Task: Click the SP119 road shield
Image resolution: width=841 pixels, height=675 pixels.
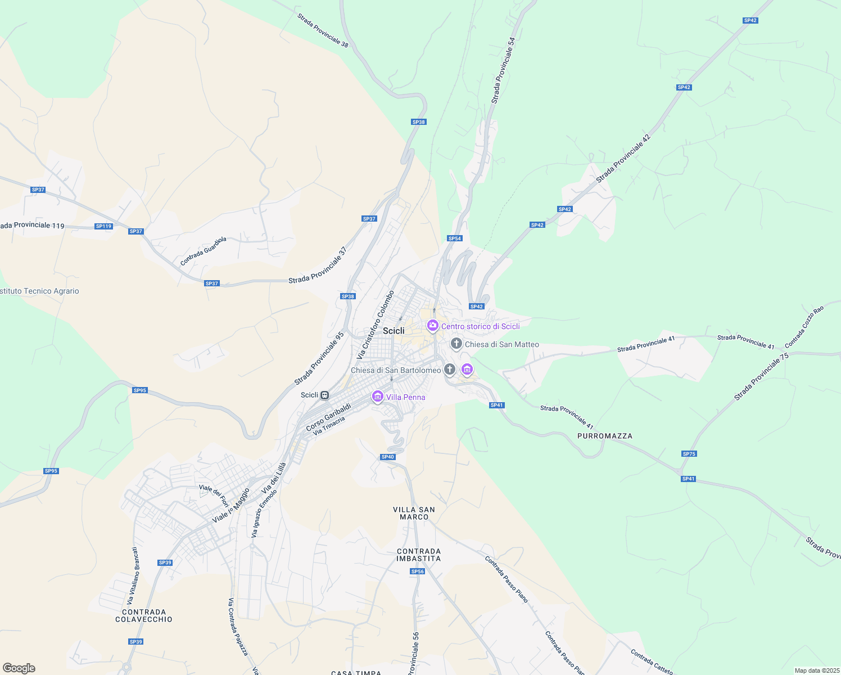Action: pos(103,226)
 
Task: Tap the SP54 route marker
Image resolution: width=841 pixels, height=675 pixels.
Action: pos(455,238)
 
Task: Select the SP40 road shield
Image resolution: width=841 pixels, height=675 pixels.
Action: pos(388,457)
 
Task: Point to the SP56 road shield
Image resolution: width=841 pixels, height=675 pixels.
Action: pos(417,571)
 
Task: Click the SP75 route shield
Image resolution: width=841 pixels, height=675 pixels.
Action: pos(689,454)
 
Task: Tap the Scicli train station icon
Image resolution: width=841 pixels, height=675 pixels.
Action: pos(325,395)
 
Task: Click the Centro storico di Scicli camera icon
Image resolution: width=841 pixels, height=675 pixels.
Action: pos(432,326)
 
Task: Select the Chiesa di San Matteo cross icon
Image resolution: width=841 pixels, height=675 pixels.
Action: pos(456,344)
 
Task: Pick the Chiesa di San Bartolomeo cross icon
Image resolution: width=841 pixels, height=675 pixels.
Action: pos(449,370)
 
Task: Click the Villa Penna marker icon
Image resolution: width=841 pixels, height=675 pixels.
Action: pos(378,397)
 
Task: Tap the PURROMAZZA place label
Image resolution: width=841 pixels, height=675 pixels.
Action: pos(605,436)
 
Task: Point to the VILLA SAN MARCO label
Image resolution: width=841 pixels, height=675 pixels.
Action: pos(414,513)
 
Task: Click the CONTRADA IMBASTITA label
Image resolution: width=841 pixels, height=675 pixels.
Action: pos(419,555)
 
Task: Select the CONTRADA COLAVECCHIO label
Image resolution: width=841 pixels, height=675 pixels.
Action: pos(144,615)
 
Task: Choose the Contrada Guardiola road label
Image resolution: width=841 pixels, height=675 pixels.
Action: pos(204,251)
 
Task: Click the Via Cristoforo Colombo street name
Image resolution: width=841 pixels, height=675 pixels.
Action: pos(376,325)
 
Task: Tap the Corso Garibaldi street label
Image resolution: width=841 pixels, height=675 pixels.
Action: pos(328,417)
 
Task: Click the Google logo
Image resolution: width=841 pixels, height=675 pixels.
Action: pos(19,668)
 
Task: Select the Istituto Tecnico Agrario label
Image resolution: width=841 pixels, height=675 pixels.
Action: pos(40,291)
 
